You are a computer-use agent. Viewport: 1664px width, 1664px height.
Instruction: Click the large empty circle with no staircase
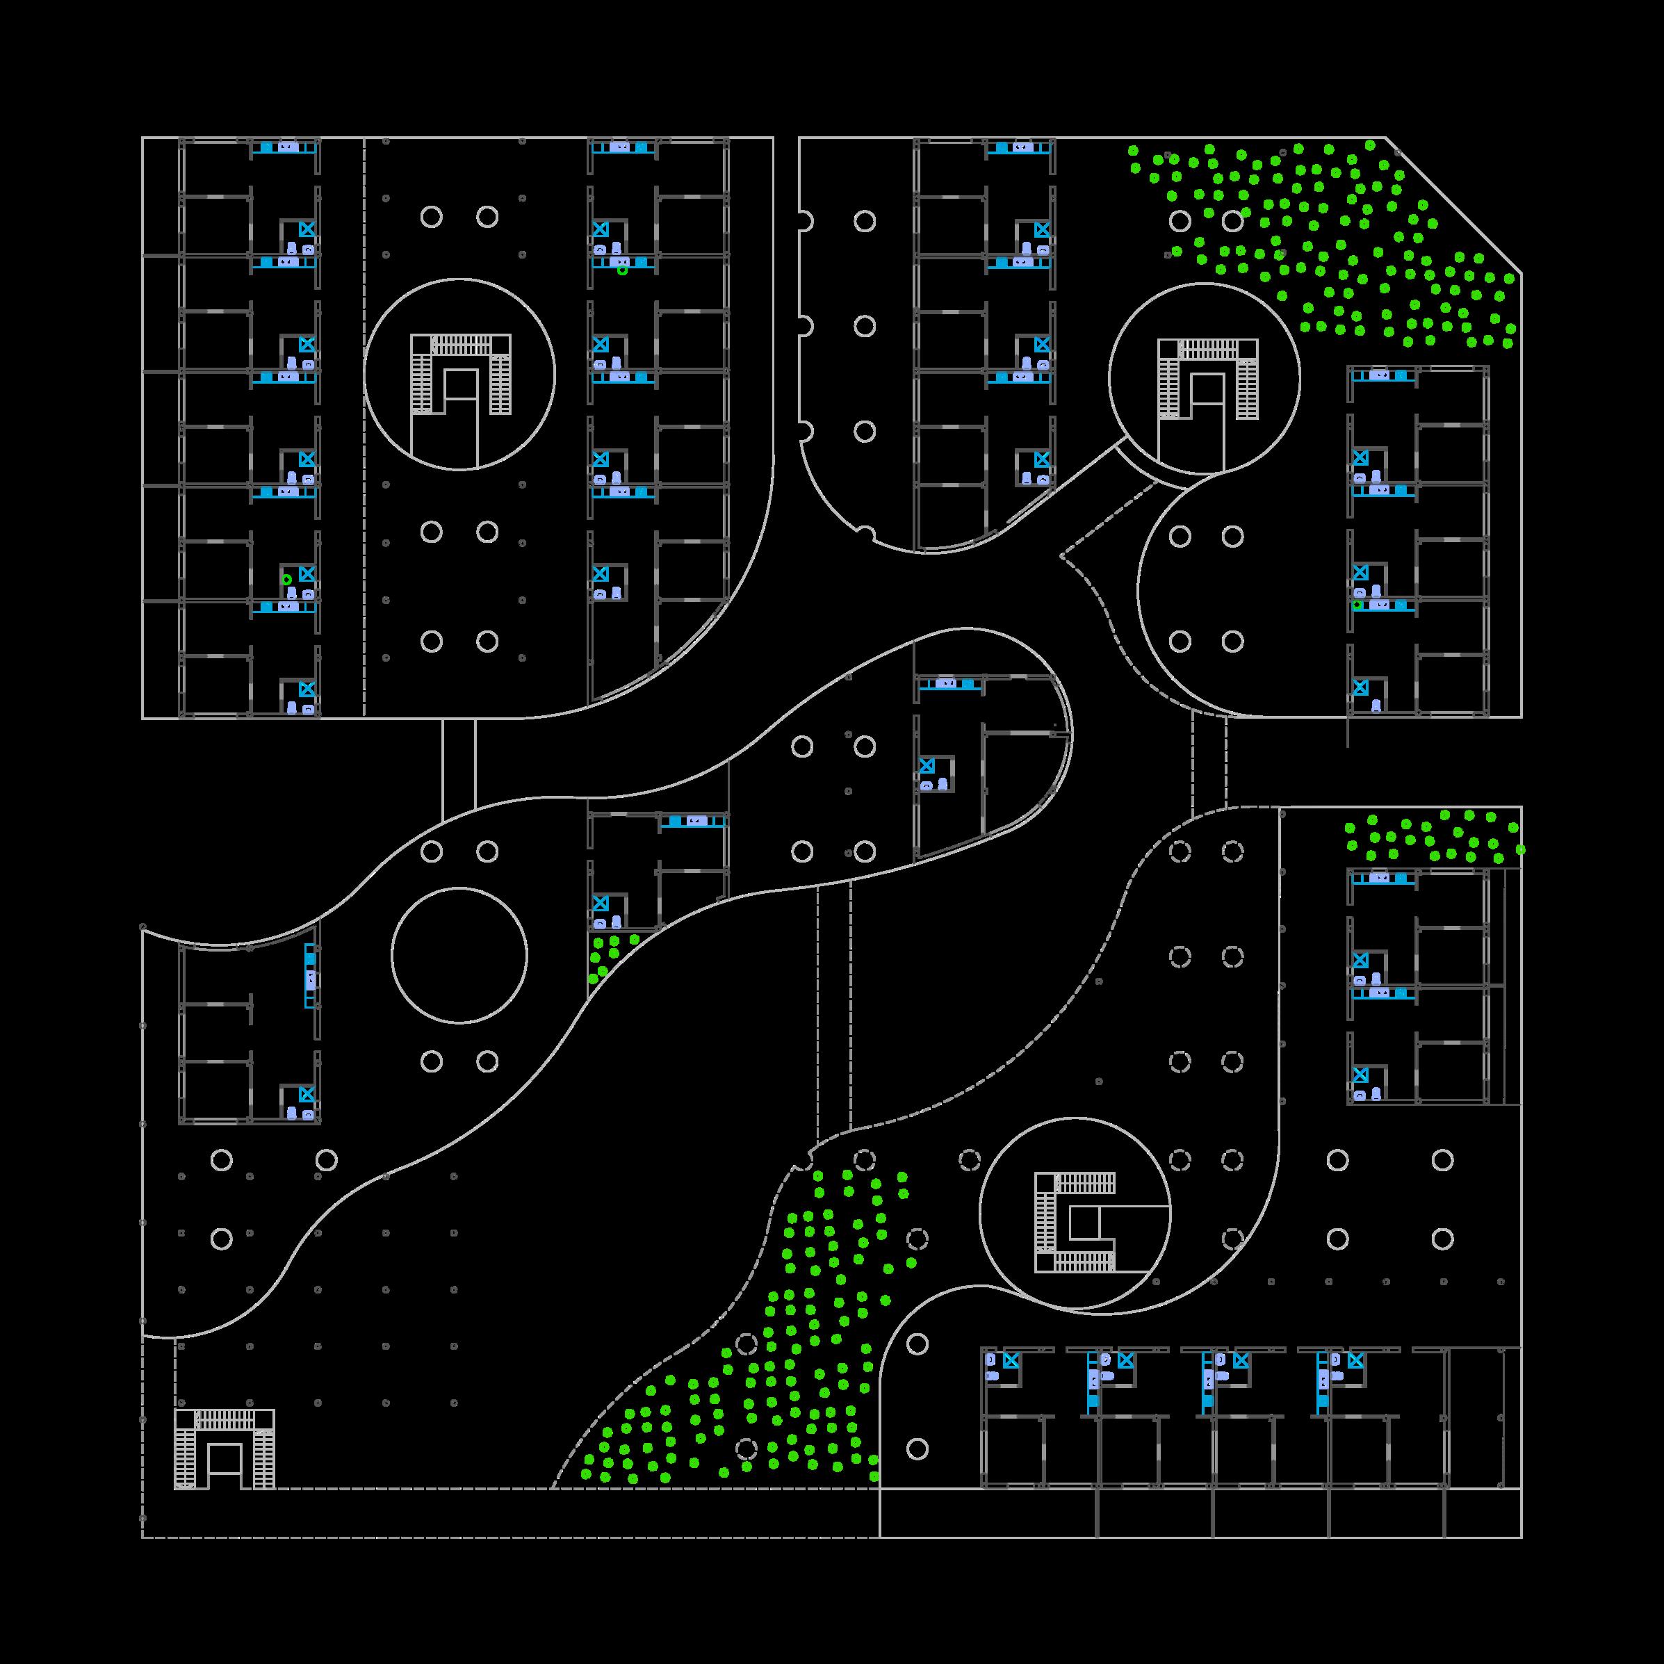459,955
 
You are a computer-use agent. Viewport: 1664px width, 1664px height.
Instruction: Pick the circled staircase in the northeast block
1207,379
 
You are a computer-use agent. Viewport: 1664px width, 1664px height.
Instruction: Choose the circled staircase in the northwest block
460,374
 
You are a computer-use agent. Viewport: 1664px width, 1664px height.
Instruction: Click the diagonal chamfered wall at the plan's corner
1454,205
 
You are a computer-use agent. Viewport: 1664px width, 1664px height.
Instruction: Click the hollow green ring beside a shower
287,580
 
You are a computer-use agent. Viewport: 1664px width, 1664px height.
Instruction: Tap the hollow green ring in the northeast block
1357,605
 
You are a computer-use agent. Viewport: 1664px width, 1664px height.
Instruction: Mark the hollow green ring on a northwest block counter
623,270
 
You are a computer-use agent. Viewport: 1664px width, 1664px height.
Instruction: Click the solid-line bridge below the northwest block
458,769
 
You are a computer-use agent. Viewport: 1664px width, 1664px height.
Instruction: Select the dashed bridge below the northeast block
1209,762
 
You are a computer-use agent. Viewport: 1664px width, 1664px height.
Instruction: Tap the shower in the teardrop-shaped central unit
927,765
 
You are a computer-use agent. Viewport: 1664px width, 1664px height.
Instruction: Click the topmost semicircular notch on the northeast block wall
804,221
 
